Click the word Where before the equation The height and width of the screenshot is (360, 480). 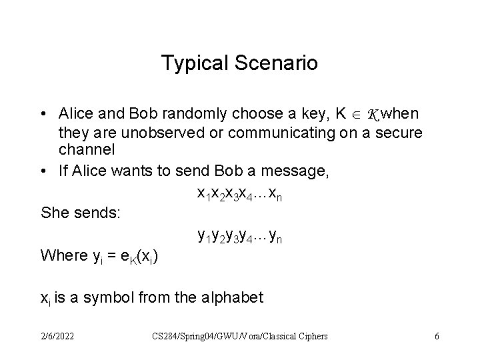coord(64,255)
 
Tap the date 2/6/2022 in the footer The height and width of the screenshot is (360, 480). coord(57,336)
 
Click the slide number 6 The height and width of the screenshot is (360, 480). coord(437,336)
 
